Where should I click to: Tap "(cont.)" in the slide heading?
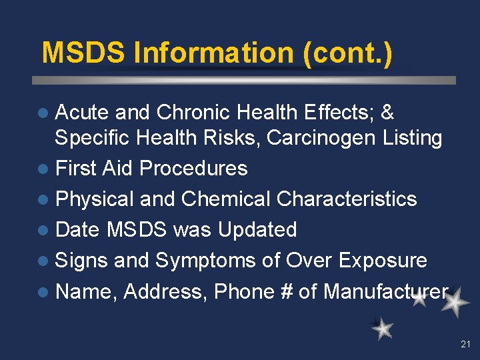click(347, 53)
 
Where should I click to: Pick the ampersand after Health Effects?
click(387, 113)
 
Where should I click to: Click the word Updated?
click(257, 230)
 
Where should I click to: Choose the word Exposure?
click(383, 261)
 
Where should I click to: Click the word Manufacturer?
click(385, 291)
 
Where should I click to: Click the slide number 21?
click(465, 345)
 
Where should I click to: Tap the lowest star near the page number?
click(383, 328)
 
